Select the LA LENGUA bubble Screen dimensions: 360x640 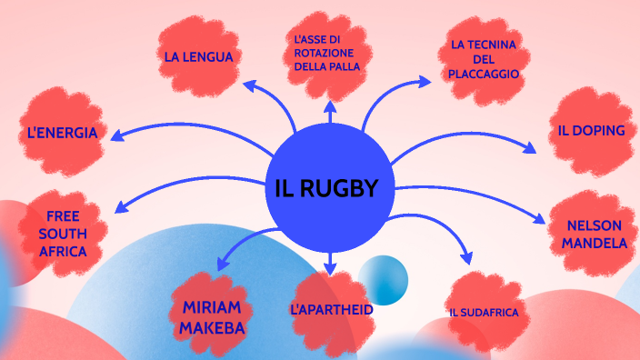coord(199,56)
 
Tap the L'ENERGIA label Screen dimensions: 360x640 coord(62,133)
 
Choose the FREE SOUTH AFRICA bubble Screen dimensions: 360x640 coord(64,234)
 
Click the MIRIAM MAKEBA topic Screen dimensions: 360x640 coord(207,315)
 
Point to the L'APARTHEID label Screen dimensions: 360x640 coord(332,310)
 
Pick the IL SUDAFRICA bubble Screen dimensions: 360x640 coord(484,313)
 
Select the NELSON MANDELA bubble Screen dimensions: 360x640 coord(594,234)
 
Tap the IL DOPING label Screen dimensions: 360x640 coord(591,130)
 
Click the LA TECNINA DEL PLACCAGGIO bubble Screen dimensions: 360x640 coord(484,59)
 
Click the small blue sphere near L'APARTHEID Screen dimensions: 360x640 coord(383,280)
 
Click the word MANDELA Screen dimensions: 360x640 coord(594,243)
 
